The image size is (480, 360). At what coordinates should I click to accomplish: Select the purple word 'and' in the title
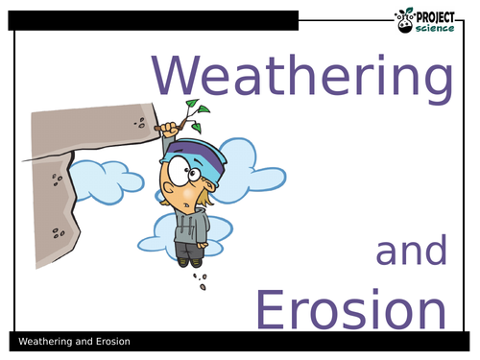click(x=411, y=252)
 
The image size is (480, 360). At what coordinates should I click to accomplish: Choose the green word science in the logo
click(x=439, y=26)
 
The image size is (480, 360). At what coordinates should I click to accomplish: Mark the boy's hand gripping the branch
click(x=170, y=130)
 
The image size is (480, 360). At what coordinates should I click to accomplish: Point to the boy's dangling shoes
click(x=187, y=260)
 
